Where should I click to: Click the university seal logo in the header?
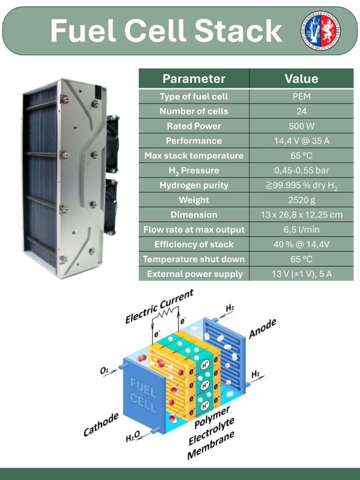coord(321,30)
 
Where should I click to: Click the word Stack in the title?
coord(238,31)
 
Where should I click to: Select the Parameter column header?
coord(194,79)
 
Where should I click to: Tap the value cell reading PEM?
coord(301,97)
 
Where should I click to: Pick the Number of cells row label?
coord(194,111)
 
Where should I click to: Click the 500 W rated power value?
coord(301,126)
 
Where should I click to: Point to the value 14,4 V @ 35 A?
coord(301,141)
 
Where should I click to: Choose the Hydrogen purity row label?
coord(194,185)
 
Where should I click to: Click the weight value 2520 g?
coord(301,200)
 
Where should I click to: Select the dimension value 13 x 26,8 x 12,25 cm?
coord(301,215)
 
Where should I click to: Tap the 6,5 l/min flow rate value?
coord(301,230)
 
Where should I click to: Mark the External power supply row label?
coord(194,274)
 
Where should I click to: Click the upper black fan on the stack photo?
coord(112,143)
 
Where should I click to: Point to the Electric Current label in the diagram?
coord(159,307)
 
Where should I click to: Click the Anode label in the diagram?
coord(262,328)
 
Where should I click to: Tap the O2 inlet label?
coord(105,370)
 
